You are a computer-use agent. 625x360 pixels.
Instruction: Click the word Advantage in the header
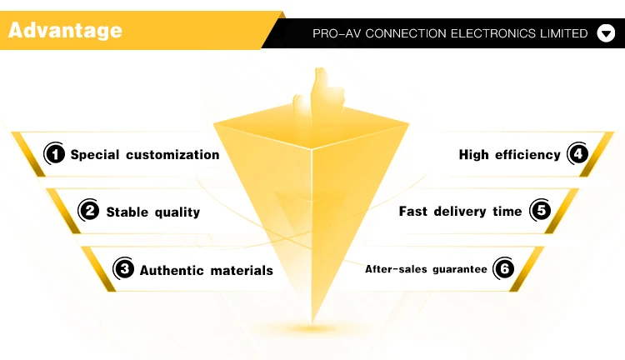tap(65, 31)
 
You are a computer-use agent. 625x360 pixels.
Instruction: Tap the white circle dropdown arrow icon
tap(606, 34)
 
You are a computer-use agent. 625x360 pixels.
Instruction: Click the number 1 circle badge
tap(54, 154)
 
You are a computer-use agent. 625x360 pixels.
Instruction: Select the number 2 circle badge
tap(89, 212)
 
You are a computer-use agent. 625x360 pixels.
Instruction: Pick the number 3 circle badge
tap(123, 269)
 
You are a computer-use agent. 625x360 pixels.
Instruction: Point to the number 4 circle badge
tap(577, 154)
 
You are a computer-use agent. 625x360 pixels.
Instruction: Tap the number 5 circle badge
tap(542, 211)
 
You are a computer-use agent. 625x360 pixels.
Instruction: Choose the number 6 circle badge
tap(503, 269)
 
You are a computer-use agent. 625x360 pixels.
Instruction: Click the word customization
tap(172, 155)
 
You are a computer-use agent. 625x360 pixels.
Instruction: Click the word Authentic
tap(170, 270)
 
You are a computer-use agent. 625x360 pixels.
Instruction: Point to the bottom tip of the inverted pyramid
tap(313, 321)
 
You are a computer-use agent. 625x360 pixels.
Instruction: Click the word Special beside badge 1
tap(95, 155)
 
